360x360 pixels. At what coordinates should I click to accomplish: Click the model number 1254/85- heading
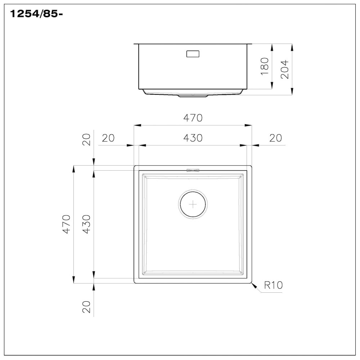(35, 14)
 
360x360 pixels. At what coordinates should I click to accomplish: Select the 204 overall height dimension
(285, 69)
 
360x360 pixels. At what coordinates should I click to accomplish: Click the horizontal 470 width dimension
(193, 118)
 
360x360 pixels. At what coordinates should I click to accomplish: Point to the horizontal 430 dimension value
(193, 138)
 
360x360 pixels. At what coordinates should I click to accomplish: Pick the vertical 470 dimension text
(66, 224)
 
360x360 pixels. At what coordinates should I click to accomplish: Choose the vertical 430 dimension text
(86, 224)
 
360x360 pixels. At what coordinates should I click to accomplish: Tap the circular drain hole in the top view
(193, 204)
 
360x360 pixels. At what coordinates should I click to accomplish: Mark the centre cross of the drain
(193, 204)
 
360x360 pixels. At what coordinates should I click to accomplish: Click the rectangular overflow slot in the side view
(193, 54)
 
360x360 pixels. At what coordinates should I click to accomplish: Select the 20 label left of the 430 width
(108, 138)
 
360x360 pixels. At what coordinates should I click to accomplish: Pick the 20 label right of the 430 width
(275, 138)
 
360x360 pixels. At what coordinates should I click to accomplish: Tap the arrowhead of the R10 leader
(253, 285)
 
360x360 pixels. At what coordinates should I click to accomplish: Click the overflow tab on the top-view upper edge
(193, 170)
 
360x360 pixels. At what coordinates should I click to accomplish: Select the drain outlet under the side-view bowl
(193, 96)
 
